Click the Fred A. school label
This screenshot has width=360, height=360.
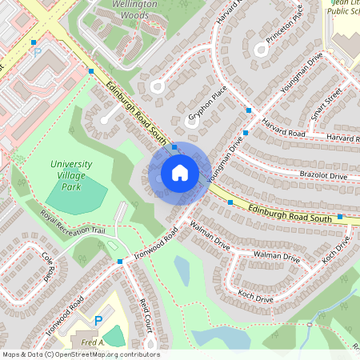[x=93, y=342]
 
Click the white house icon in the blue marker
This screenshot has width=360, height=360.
[x=180, y=172]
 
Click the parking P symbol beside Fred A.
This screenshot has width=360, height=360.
[x=98, y=321]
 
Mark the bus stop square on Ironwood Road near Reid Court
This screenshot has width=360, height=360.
[x=119, y=261]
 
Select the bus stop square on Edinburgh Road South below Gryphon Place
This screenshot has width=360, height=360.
[x=174, y=147]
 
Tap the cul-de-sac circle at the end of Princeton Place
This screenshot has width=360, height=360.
[x=260, y=50]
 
